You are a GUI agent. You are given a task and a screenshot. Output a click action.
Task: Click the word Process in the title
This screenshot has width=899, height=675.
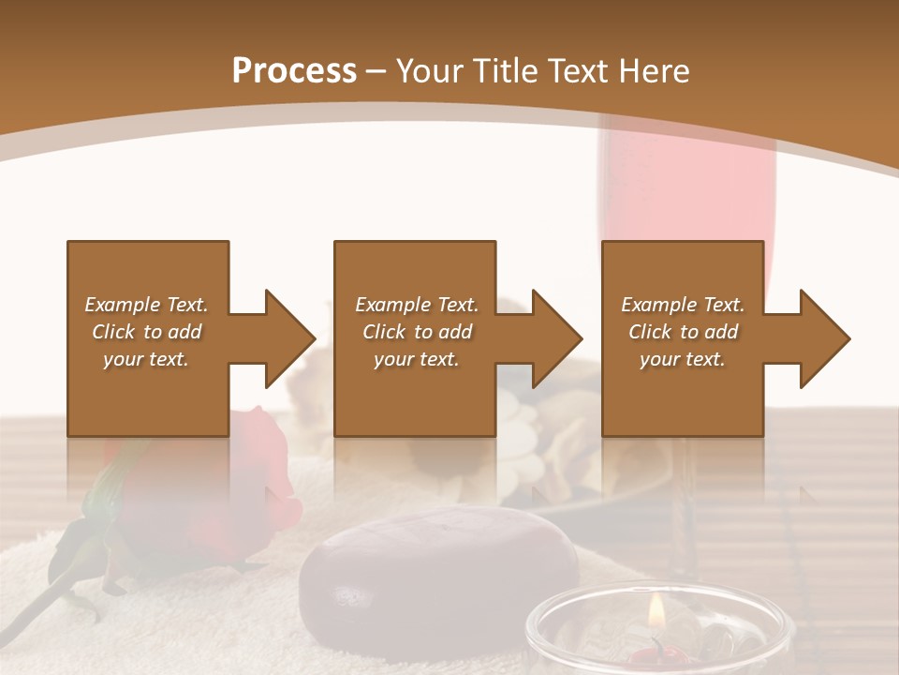(x=294, y=70)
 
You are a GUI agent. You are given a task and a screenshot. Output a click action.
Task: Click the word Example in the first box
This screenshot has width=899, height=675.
(x=123, y=305)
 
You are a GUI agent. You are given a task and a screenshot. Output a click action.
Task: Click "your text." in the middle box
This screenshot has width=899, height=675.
(x=416, y=359)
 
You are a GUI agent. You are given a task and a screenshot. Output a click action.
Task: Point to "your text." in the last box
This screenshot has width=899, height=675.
(x=683, y=359)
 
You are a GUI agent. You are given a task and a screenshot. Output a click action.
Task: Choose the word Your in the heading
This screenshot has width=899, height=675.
(x=430, y=70)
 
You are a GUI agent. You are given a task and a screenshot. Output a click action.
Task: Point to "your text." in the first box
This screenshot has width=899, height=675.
(x=146, y=359)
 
